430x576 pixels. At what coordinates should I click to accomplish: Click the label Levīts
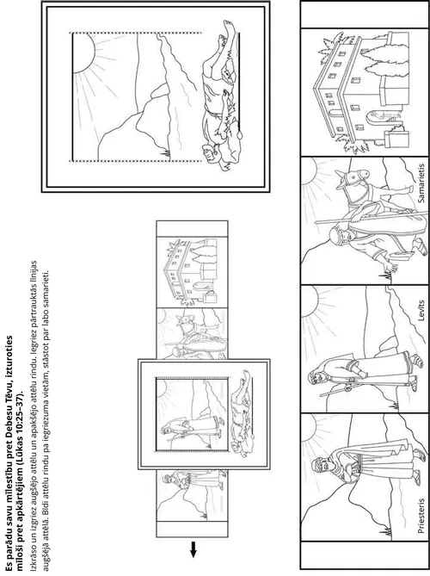tap(421, 311)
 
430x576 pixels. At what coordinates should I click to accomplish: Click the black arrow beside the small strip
tap(193, 549)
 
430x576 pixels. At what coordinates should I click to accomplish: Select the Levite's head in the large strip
tap(316, 377)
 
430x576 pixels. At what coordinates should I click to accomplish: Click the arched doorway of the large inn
tap(372, 117)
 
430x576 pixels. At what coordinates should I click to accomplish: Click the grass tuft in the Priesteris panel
tap(386, 531)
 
